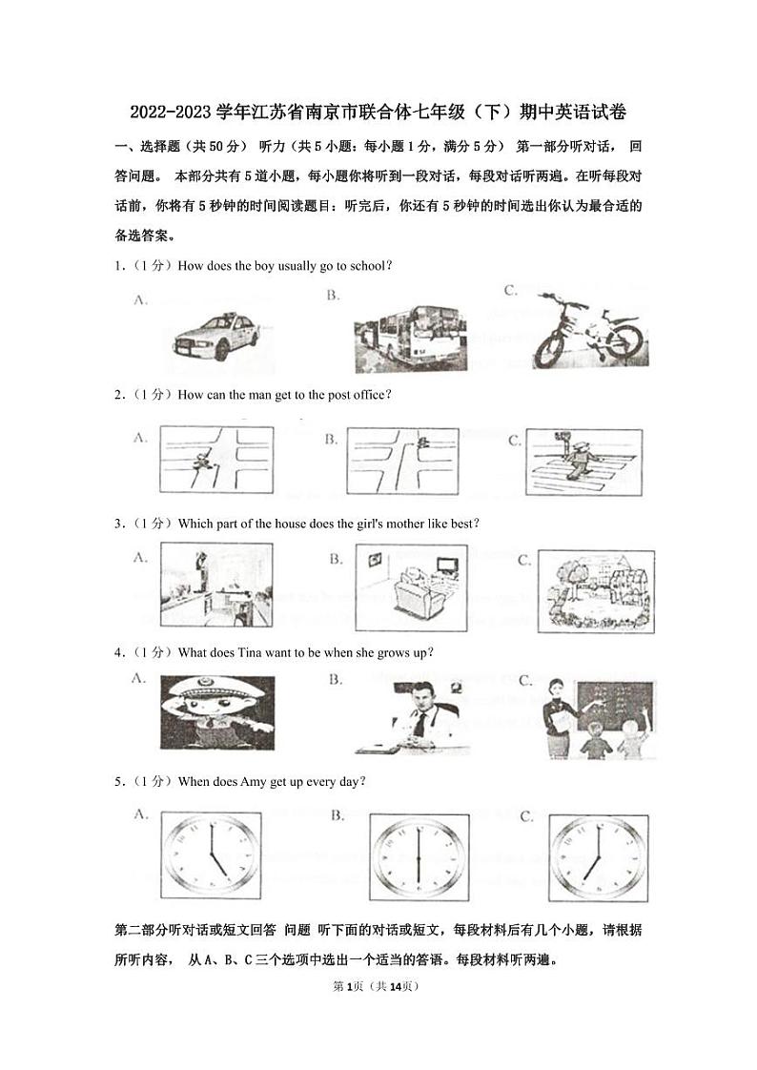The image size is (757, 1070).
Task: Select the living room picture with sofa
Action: click(411, 587)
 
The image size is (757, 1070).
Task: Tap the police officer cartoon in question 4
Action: click(217, 711)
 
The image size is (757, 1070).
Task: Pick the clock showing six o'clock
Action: click(418, 857)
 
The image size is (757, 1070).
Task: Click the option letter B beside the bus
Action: click(334, 296)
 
